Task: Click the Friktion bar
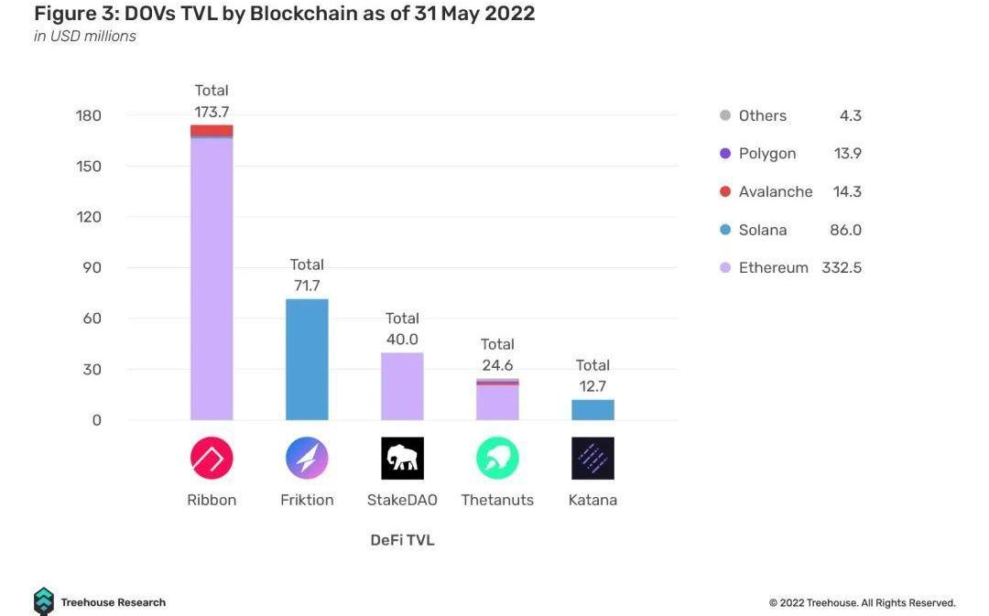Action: (307, 360)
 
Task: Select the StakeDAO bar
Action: (402, 386)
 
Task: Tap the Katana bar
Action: (592, 409)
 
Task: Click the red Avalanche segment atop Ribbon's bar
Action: (212, 131)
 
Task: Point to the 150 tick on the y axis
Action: (89, 167)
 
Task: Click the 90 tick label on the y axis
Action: (89, 268)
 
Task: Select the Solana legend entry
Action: (762, 230)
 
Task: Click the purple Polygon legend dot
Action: (725, 154)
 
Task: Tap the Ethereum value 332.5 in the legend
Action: (842, 268)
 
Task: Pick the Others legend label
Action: (762, 115)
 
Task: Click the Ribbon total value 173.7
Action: (212, 112)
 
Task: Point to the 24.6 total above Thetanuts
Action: (497, 365)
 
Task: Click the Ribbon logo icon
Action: (212, 459)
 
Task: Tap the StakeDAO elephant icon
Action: (402, 459)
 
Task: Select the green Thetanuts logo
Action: (497, 459)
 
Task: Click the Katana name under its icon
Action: (592, 500)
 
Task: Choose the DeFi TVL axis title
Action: (402, 540)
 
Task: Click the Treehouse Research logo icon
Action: (44, 601)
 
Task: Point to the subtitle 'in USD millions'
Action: (85, 37)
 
